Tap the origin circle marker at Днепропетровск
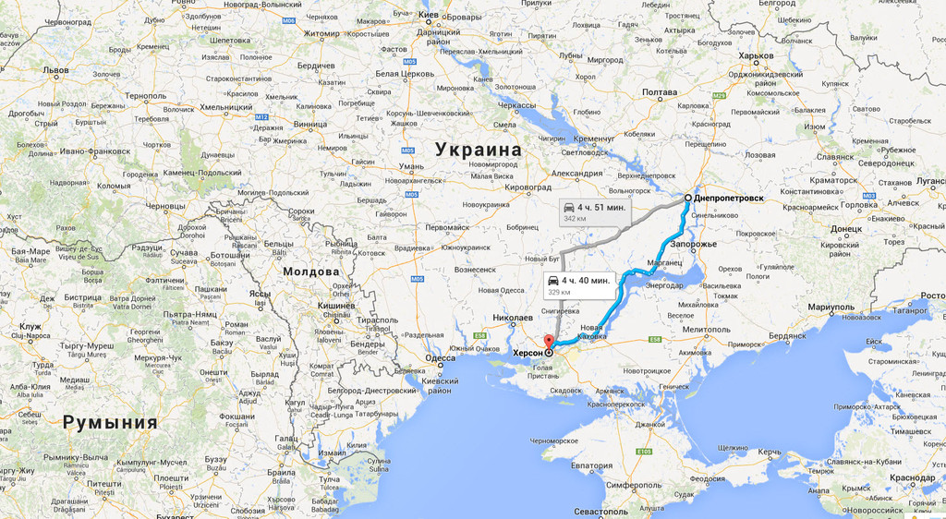(688, 198)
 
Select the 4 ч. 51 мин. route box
(595, 211)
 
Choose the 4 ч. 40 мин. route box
(580, 284)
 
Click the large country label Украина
(479, 150)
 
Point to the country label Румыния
(109, 423)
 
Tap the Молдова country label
(312, 272)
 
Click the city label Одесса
(440, 357)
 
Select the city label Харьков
(756, 55)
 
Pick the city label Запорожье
(693, 244)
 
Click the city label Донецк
(845, 228)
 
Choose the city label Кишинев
(336, 305)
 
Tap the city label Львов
(55, 69)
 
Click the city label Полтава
(660, 92)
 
